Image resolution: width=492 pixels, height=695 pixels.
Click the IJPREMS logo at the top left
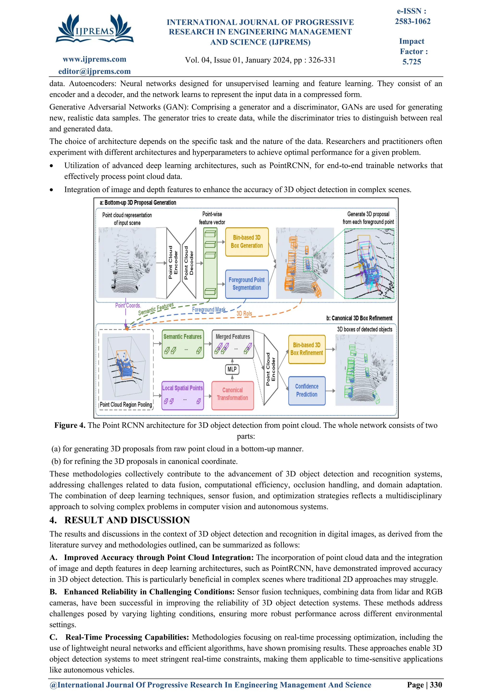click(x=94, y=29)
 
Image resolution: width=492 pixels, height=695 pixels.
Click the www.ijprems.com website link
click(x=94, y=59)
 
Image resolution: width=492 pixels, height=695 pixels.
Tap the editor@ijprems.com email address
click(x=94, y=72)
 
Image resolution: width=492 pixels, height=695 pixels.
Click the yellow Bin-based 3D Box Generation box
click(x=247, y=242)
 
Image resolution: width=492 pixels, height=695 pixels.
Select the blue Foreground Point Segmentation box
click(x=247, y=284)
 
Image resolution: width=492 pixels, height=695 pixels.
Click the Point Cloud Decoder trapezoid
click(x=189, y=263)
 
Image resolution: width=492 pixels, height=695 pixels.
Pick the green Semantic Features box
click(x=183, y=344)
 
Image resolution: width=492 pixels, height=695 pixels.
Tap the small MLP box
click(x=232, y=369)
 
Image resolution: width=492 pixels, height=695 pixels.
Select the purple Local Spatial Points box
click(x=182, y=395)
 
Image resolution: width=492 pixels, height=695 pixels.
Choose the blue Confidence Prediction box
click(x=307, y=390)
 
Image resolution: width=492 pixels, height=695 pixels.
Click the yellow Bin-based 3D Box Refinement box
click(x=307, y=349)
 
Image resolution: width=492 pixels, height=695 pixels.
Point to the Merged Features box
click(x=233, y=344)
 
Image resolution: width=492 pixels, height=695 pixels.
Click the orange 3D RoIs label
click(x=244, y=314)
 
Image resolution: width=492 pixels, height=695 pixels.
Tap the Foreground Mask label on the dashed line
click(x=209, y=310)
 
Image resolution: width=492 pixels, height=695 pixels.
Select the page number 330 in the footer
click(x=436, y=685)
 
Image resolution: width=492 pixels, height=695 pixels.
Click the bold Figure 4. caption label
click(x=70, y=425)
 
